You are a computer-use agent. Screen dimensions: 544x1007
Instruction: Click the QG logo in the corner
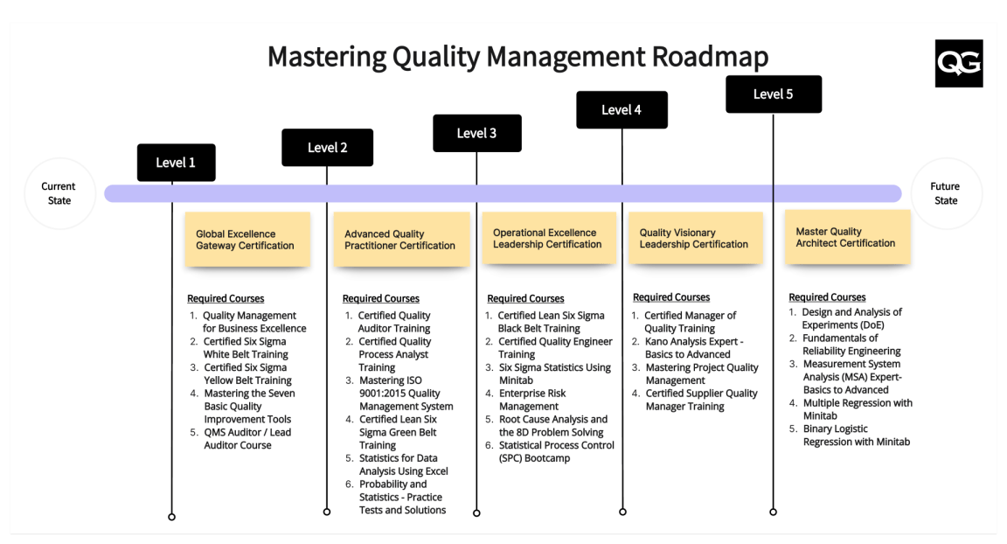point(958,63)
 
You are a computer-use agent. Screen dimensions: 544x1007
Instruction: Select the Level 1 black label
point(176,163)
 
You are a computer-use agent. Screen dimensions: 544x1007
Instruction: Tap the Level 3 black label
point(477,133)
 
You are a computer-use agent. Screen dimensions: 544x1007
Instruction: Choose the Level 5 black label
point(774,94)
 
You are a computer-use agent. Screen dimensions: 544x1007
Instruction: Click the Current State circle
point(59,193)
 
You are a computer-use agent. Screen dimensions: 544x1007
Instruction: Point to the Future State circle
point(945,193)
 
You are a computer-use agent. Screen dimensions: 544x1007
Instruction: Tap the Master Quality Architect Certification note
point(847,238)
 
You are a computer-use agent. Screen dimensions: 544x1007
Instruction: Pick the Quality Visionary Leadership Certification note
point(695,239)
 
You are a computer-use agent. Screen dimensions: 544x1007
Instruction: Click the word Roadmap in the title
point(711,57)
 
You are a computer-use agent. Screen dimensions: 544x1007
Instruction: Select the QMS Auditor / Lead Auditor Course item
point(247,438)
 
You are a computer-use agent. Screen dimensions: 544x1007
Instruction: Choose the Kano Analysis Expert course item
point(693,347)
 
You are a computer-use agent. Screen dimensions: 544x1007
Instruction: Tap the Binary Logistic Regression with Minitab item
point(856,435)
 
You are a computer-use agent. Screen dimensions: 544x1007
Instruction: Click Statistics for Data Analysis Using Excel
point(403,464)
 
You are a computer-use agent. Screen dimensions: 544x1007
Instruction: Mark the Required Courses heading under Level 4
point(671,297)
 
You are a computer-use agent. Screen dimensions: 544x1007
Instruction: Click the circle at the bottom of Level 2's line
point(327,512)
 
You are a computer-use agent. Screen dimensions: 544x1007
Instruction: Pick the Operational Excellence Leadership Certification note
point(547,239)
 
